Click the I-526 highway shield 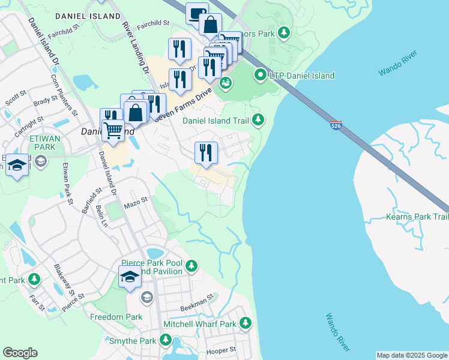tap(337, 125)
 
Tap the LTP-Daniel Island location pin tap(261, 76)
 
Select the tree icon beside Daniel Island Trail tap(258, 120)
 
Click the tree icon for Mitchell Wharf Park tap(245, 324)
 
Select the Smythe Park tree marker tap(166, 341)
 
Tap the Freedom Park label tap(116, 317)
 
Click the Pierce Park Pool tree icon tap(191, 265)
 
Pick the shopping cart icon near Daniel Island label tap(112, 130)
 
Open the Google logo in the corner tap(20, 353)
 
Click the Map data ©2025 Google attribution tap(412, 355)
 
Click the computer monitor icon tap(196, 13)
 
